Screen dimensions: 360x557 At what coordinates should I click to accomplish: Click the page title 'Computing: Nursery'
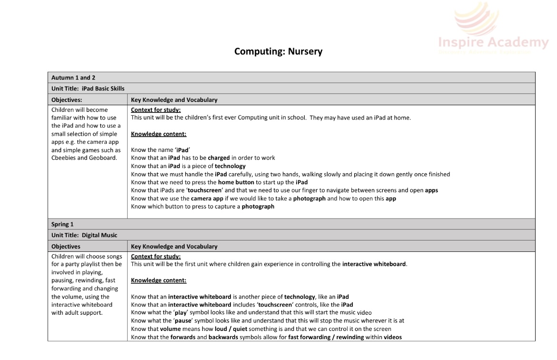(x=278, y=51)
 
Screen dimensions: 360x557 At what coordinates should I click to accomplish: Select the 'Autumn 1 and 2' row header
(x=70, y=77)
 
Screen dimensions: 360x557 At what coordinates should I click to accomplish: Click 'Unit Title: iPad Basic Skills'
(x=88, y=89)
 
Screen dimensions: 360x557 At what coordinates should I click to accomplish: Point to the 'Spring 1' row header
(x=63, y=224)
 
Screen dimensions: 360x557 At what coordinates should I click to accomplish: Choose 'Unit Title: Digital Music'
(x=84, y=235)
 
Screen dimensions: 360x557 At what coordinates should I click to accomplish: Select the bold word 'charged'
(x=219, y=158)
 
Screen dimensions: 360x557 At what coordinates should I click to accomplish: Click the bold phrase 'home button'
(x=236, y=182)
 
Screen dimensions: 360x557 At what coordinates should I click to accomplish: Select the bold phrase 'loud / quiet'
(x=210, y=329)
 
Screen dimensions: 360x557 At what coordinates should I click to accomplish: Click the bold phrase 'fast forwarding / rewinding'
(x=326, y=337)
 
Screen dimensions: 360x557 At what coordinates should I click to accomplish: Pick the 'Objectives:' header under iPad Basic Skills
(x=67, y=100)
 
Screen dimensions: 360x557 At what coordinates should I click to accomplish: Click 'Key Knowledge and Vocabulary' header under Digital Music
(x=174, y=247)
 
